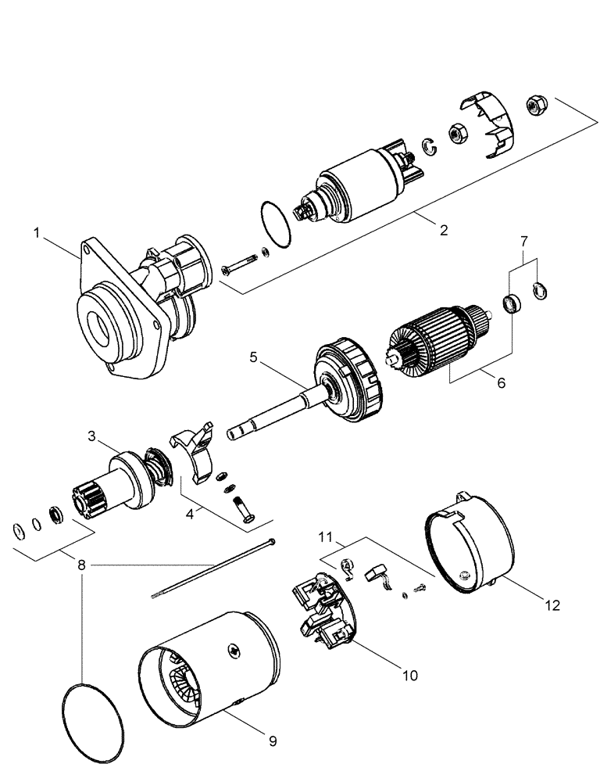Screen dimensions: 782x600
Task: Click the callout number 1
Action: pyautogui.click(x=37, y=232)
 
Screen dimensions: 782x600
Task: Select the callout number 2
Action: pyautogui.click(x=443, y=230)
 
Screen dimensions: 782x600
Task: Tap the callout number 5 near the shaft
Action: pyautogui.click(x=252, y=357)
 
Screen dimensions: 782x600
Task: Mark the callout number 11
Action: pyautogui.click(x=326, y=537)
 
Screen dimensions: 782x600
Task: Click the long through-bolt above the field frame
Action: pyautogui.click(x=211, y=569)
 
